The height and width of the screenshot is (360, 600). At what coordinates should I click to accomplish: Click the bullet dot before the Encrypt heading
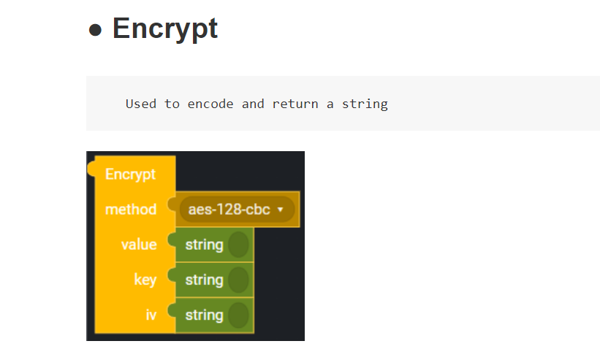95,31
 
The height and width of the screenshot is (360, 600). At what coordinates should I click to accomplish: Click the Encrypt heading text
164,28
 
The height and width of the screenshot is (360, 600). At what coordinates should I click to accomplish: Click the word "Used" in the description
140,104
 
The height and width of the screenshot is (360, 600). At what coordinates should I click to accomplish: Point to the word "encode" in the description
210,104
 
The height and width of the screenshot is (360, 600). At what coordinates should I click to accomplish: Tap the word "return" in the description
295,104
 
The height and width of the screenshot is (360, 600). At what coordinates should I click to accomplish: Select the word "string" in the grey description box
365,104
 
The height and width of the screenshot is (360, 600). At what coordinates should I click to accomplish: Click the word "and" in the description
253,104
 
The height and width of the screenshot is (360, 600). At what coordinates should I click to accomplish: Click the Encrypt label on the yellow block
130,175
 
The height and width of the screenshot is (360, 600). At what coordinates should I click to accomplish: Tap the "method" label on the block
131,210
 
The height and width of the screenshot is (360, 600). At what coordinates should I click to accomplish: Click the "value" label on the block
139,245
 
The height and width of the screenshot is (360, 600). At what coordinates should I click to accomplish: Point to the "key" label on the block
145,280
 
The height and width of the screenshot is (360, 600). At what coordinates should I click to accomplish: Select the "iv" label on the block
151,315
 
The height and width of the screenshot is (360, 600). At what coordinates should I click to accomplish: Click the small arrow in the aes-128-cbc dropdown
281,210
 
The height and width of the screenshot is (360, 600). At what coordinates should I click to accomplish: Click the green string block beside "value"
205,245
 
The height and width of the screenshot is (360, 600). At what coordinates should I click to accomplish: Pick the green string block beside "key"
205,280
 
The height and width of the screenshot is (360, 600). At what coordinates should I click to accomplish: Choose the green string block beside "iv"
205,315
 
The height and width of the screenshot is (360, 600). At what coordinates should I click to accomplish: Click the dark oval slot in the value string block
238,245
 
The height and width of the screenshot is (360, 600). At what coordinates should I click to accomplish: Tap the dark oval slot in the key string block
238,280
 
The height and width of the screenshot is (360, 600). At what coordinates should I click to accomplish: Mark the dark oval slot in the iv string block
238,315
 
